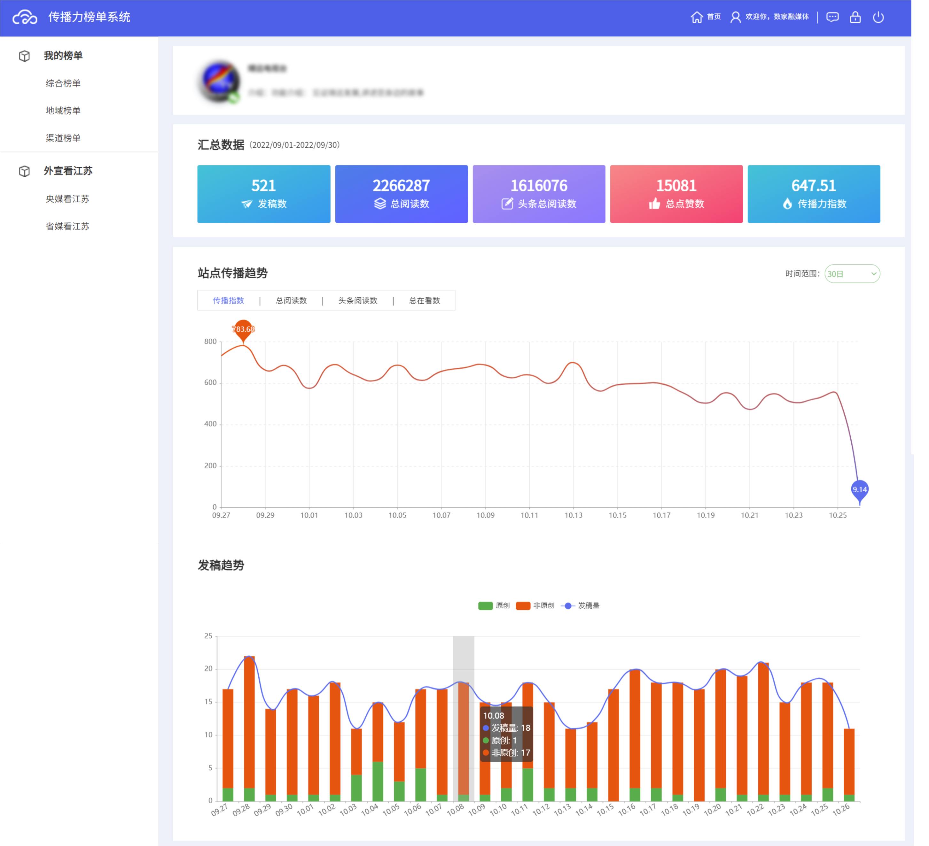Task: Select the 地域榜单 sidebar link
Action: (63, 111)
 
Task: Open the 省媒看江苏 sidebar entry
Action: (67, 226)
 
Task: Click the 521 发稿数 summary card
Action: (264, 194)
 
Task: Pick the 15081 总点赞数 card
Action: (676, 194)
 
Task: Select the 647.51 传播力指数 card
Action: (813, 194)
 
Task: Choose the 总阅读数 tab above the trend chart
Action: (291, 301)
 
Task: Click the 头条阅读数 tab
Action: (358, 301)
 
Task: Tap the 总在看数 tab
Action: (425, 301)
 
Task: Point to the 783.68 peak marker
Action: (243, 329)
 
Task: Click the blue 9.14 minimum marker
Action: (859, 489)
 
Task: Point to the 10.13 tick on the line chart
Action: (573, 515)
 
